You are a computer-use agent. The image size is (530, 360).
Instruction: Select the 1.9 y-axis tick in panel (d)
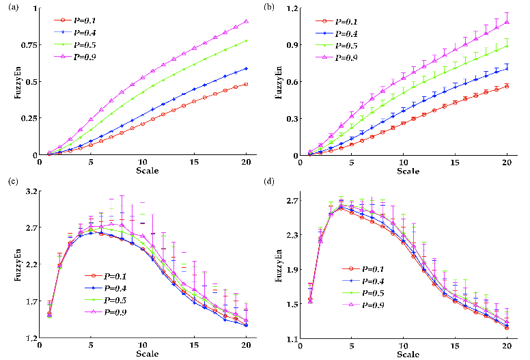pyautogui.click(x=290, y=270)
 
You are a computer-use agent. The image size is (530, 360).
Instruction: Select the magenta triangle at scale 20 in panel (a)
pyautogui.click(x=246, y=21)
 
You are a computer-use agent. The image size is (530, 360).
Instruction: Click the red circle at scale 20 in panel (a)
pyautogui.click(x=246, y=84)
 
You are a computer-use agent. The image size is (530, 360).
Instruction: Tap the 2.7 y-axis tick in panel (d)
pyautogui.click(x=290, y=200)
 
